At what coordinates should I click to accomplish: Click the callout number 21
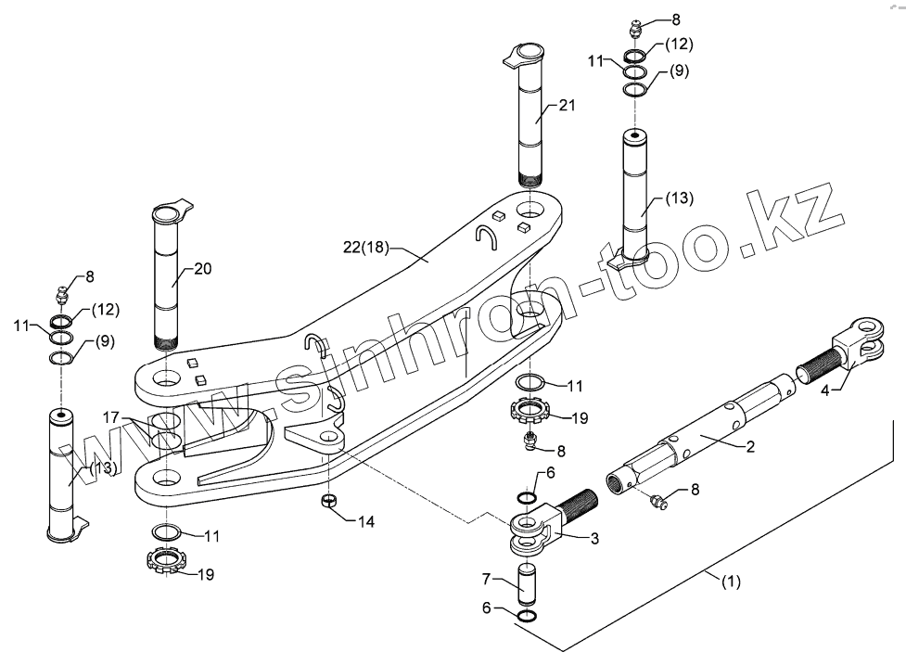[567, 107]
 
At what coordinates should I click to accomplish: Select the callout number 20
[203, 270]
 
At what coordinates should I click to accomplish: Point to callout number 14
[365, 520]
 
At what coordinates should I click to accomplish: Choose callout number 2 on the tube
[750, 447]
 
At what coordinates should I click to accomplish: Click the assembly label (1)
[732, 583]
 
